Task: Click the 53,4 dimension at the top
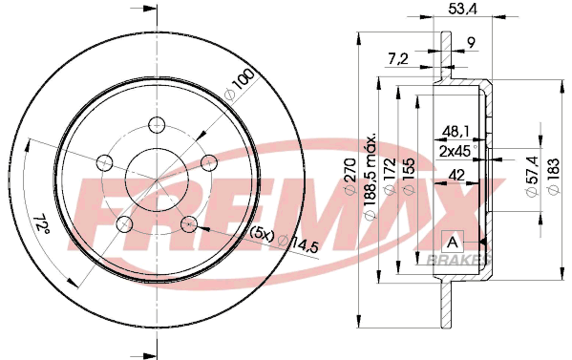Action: click(462, 10)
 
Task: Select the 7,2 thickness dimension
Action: click(397, 58)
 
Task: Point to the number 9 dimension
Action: click(472, 43)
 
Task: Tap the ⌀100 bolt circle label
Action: click(240, 84)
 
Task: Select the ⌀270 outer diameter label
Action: click(350, 176)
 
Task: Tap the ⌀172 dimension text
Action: click(391, 176)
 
